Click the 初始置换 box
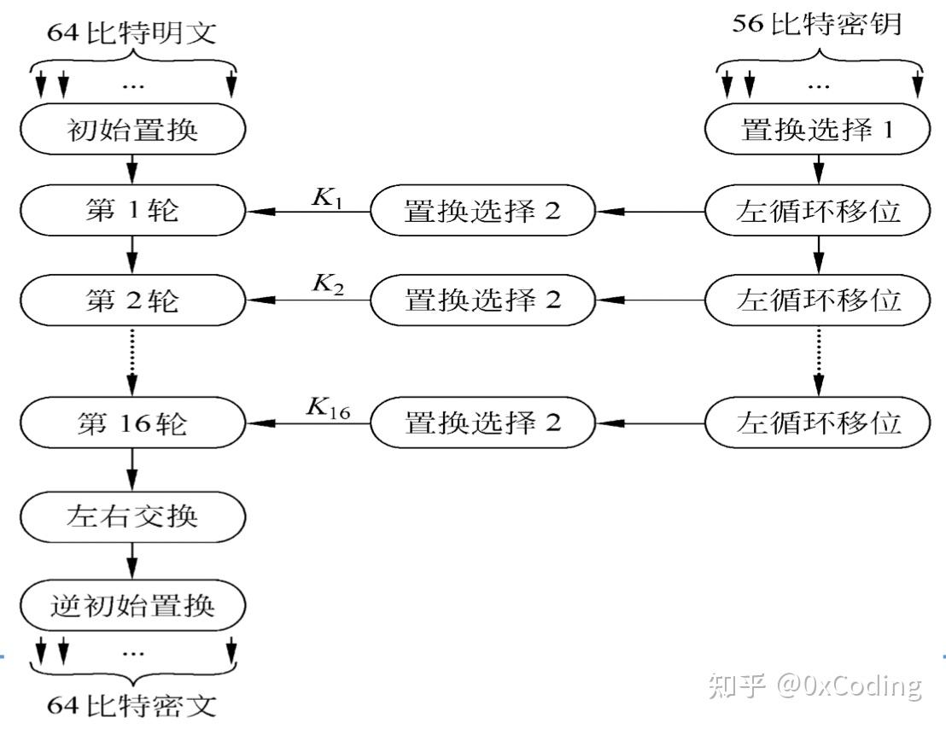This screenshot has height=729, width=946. pyautogui.click(x=132, y=130)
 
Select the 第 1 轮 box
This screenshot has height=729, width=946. pyautogui.click(x=132, y=211)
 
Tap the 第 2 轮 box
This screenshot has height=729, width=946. pyautogui.click(x=132, y=300)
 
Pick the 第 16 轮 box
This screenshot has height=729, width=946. pyautogui.click(x=132, y=423)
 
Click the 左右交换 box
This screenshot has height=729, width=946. pyautogui.click(x=132, y=516)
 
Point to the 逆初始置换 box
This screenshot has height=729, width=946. pyautogui.click(x=132, y=606)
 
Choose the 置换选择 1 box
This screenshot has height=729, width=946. pyautogui.click(x=818, y=130)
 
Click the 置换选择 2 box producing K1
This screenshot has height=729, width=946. pyautogui.click(x=482, y=211)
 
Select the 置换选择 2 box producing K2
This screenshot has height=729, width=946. pyautogui.click(x=482, y=300)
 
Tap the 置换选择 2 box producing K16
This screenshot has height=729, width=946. pyautogui.click(x=482, y=423)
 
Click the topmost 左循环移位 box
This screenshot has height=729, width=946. pyautogui.click(x=818, y=211)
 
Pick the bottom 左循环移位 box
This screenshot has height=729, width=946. pyautogui.click(x=818, y=423)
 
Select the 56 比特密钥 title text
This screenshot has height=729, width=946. pyautogui.click(x=817, y=23)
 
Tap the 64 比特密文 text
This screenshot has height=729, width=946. pyautogui.click(x=133, y=706)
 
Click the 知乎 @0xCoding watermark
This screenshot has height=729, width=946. pyautogui.click(x=815, y=685)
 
